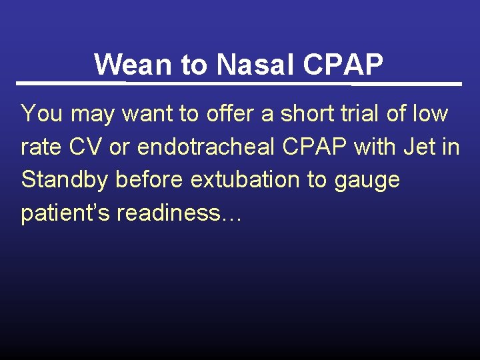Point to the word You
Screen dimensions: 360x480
(x=42, y=113)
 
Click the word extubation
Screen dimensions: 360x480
(x=245, y=180)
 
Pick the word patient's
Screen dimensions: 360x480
(x=65, y=213)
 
